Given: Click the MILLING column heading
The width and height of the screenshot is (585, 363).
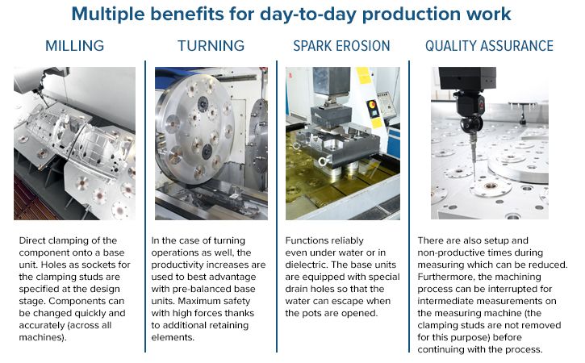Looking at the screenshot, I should [75, 45].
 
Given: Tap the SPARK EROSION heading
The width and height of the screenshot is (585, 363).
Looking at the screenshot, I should [343, 45].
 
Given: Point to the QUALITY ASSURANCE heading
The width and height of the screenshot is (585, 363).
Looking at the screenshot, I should [489, 45].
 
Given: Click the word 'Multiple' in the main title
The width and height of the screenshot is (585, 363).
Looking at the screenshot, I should [115, 15].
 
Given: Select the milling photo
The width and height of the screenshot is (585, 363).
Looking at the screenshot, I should [75, 143].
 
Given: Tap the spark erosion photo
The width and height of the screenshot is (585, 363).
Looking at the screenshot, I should [343, 143].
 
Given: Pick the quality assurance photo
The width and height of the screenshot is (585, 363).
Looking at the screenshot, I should [489, 143].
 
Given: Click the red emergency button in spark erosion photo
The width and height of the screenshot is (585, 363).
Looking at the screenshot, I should [373, 106].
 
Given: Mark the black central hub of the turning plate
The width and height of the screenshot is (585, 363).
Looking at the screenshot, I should [207, 149].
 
